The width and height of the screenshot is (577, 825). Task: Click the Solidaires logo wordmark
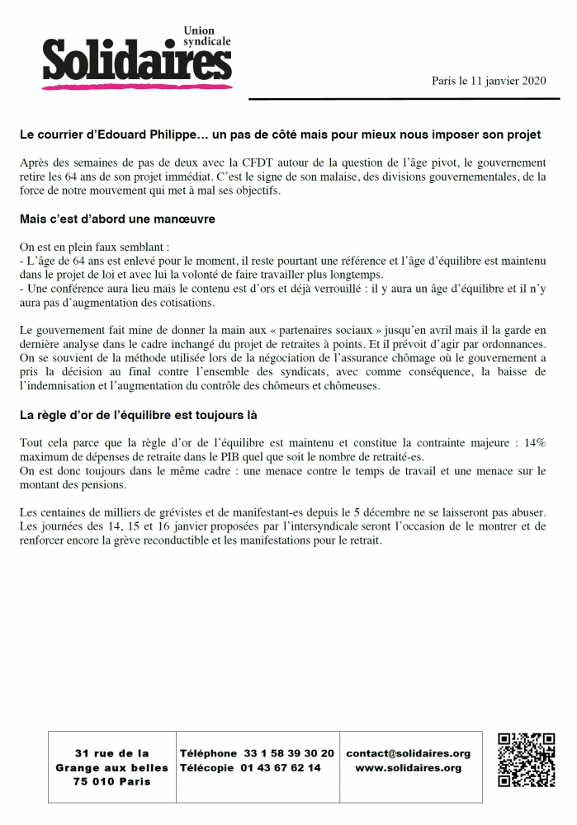pos(136,63)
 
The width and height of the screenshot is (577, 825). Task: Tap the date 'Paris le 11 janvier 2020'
pos(489,81)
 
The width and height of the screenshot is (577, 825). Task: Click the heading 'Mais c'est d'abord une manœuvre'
pos(117,219)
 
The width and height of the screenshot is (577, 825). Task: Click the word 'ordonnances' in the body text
pos(513,345)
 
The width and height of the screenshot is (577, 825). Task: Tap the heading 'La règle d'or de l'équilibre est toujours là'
pos(144,415)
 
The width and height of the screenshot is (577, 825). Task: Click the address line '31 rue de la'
pos(112,753)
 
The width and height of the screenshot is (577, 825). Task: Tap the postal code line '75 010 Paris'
pos(112,781)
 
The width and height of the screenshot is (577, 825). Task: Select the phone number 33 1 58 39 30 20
pos(289,753)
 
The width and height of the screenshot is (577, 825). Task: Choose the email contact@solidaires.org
pos(408,753)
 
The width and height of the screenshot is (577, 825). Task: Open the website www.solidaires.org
pos(408,767)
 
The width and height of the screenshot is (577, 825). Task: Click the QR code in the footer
pos(526,760)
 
